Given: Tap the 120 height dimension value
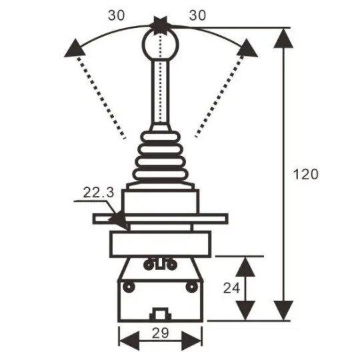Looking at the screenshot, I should coord(307,175).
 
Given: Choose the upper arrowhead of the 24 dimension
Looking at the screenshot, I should coord(246,267).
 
